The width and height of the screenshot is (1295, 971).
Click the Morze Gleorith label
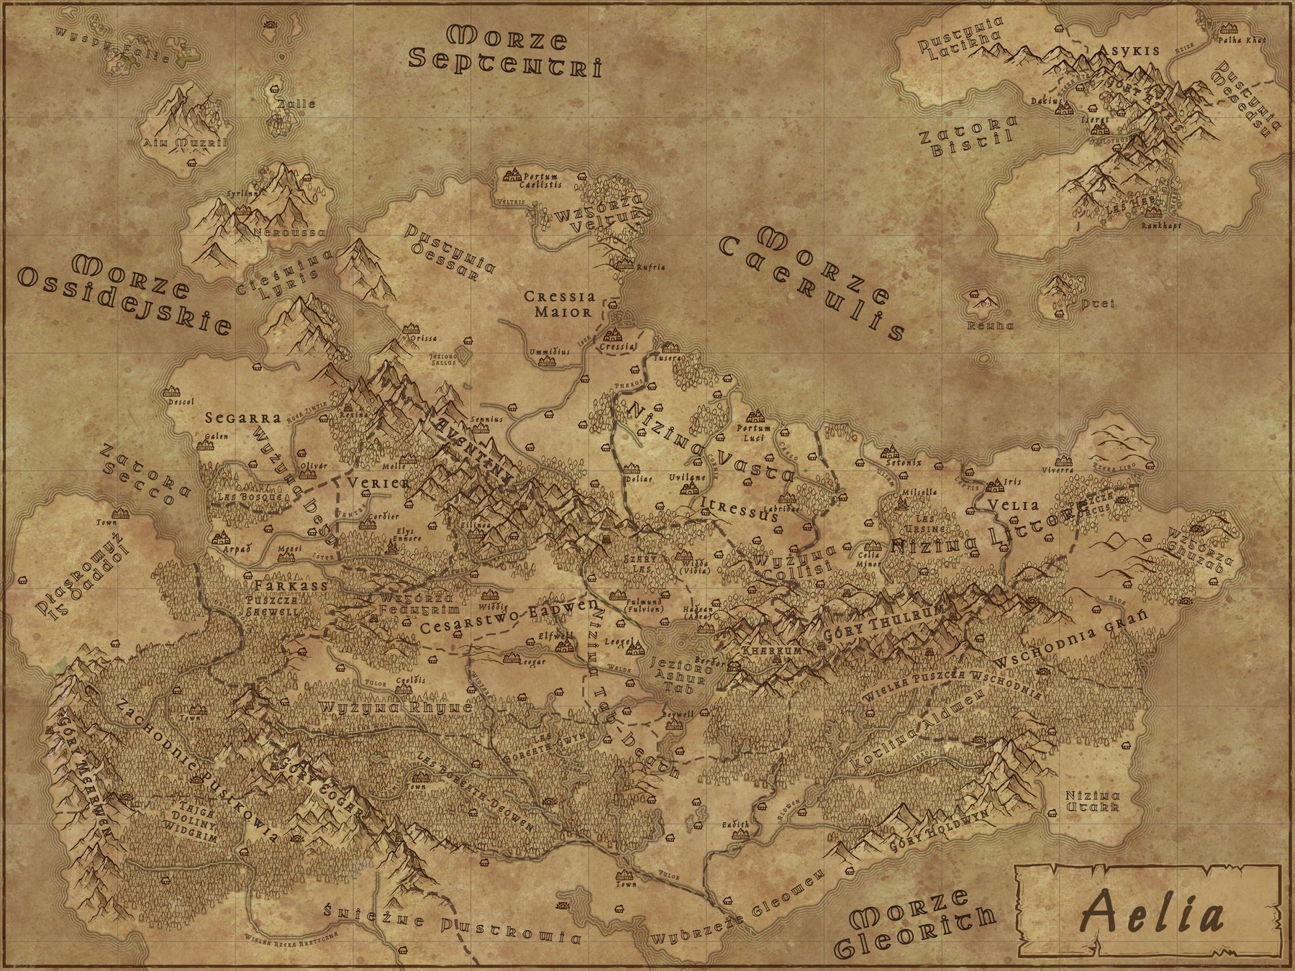coord(922,929)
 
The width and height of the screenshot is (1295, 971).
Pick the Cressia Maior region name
coord(558,304)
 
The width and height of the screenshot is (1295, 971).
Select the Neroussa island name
coord(290,233)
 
